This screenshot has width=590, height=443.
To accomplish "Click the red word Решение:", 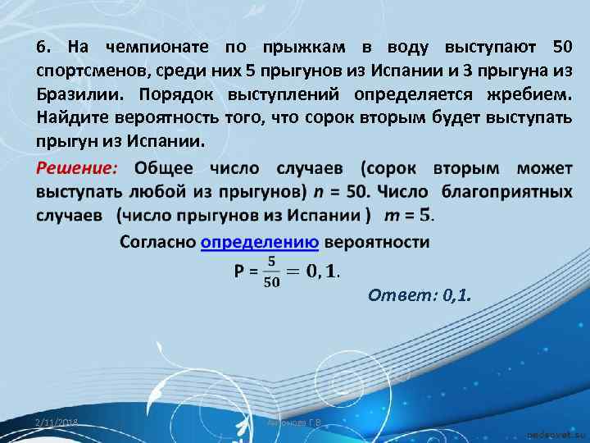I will tap(78, 169).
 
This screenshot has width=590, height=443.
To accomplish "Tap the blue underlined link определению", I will tap(259, 242).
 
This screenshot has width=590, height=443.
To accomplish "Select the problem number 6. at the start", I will tap(43, 44).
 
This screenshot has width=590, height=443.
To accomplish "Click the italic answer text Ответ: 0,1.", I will tap(419, 295).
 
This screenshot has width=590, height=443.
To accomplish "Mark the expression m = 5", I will tap(407, 215).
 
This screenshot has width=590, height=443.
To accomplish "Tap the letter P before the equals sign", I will tap(239, 269).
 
